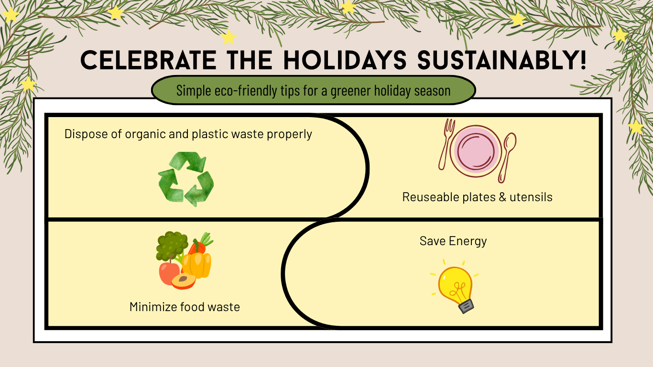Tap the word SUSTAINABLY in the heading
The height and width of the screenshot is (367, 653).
coord(502,61)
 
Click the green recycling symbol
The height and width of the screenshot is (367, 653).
coord(186,179)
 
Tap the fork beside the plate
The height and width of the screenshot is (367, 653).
coord(446,144)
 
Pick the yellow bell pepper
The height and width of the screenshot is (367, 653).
coord(197,265)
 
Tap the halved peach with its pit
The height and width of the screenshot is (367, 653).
coord(184,281)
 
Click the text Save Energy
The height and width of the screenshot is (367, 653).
coord(453,241)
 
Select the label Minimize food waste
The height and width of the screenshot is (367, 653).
coord(185,307)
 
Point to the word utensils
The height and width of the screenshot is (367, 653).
coord(531,197)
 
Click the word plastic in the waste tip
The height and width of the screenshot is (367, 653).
coord(209,134)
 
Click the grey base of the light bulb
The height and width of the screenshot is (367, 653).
coord(466,305)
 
